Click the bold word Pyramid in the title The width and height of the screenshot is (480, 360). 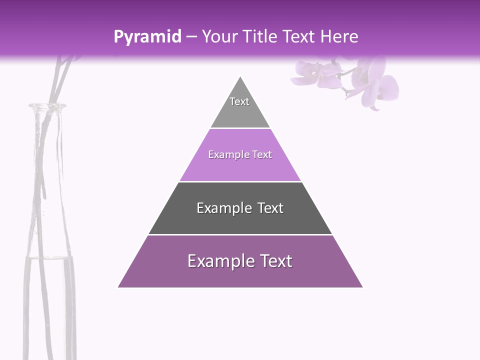(147, 37)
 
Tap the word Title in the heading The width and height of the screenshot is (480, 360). (261, 36)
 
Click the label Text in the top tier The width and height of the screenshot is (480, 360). (239, 101)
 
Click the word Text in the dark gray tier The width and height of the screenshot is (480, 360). (270, 208)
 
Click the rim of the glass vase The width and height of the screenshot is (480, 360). (47, 106)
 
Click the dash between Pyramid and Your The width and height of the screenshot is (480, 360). (191, 37)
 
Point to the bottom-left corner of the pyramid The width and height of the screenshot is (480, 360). (118, 287)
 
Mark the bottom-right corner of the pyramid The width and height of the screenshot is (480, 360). (362, 287)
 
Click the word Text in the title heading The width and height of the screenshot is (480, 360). (299, 36)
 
